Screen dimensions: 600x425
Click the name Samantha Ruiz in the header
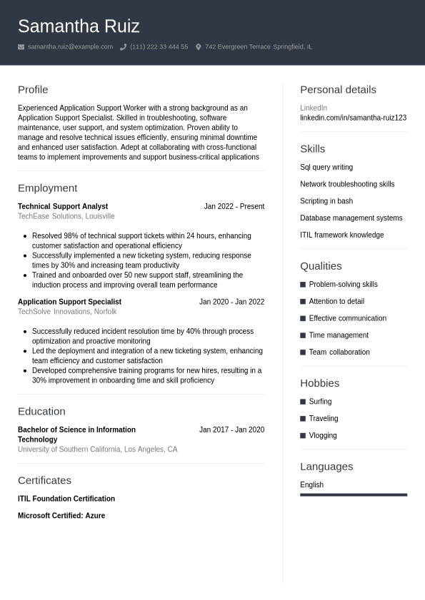click(x=79, y=26)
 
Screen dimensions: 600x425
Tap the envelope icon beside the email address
click(x=21, y=47)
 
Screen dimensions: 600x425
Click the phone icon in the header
click(x=123, y=47)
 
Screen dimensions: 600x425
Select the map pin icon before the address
click(x=199, y=47)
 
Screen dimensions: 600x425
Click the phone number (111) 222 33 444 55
click(x=159, y=47)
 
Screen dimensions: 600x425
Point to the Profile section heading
click(x=33, y=90)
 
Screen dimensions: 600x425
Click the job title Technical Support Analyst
click(x=63, y=207)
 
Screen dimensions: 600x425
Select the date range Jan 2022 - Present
click(x=234, y=207)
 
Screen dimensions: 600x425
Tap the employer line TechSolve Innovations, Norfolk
click(x=67, y=312)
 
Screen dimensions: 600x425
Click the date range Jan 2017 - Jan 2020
click(x=231, y=430)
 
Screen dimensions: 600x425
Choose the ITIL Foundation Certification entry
click(x=66, y=499)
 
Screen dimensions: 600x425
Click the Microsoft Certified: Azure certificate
click(x=61, y=516)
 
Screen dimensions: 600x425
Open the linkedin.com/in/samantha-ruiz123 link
click(x=353, y=118)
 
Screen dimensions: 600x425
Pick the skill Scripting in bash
click(x=326, y=201)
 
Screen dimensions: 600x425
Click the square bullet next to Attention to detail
click(x=303, y=302)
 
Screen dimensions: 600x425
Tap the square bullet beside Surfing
click(x=303, y=402)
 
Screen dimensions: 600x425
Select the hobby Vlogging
click(x=323, y=436)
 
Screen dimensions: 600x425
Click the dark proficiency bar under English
click(x=354, y=494)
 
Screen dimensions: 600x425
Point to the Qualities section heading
click(x=321, y=266)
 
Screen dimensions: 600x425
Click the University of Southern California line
click(x=97, y=449)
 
